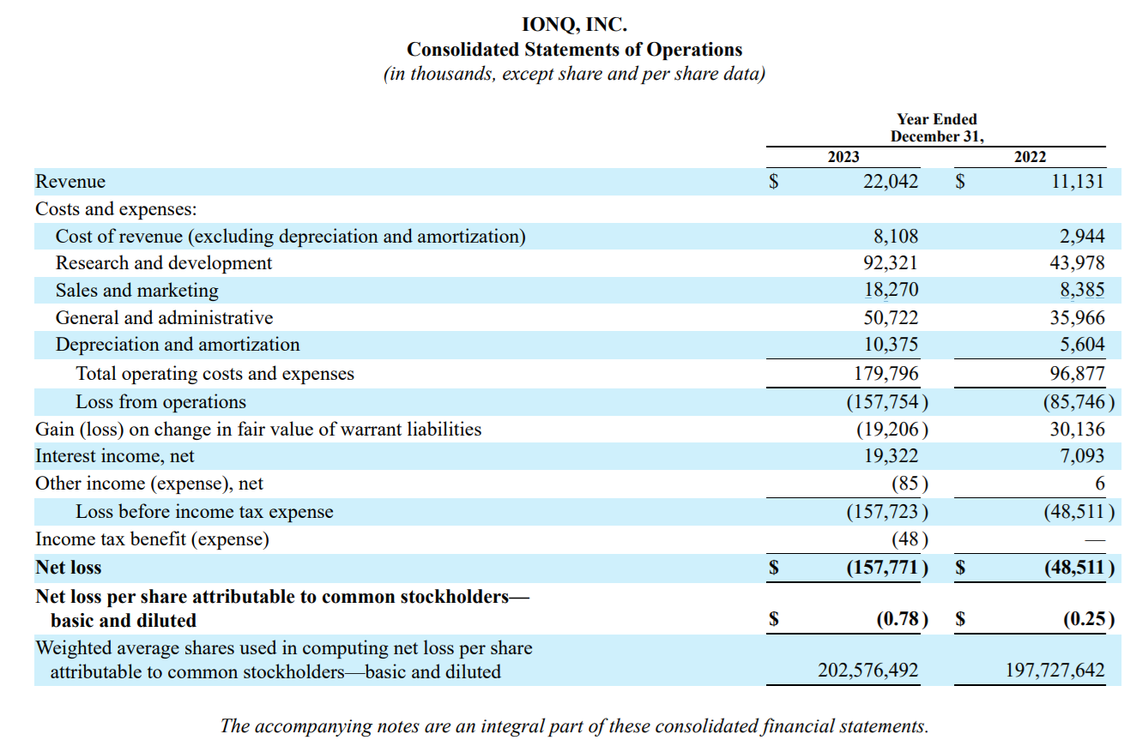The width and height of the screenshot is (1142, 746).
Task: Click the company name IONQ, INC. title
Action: [x=574, y=25]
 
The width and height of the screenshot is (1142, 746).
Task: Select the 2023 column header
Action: [x=843, y=156]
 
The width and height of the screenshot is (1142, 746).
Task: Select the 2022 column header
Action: [x=1030, y=156]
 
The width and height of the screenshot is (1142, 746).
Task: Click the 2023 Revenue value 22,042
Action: [x=890, y=182]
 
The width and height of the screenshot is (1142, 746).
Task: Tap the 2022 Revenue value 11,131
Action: [x=1078, y=182]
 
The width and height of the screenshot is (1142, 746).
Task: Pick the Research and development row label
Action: [x=164, y=263]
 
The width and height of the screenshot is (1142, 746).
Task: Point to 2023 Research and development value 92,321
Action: [x=890, y=263]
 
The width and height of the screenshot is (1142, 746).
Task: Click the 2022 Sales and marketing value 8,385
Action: [x=1082, y=290]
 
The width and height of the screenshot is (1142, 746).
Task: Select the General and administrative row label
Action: [x=164, y=317]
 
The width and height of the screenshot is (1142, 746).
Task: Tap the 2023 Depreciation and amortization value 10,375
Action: [x=890, y=345]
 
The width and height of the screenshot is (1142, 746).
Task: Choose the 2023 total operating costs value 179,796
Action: [x=885, y=374]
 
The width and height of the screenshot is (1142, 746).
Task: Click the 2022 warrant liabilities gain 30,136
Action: [x=1077, y=429]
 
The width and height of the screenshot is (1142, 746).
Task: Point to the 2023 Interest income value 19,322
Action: [x=890, y=455]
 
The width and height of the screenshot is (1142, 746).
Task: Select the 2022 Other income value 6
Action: [x=1100, y=483]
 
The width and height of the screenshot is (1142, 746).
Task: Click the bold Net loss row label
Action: [x=69, y=567]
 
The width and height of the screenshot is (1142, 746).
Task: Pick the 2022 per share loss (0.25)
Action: [x=1089, y=619]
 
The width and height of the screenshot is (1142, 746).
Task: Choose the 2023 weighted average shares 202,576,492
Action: [x=867, y=670]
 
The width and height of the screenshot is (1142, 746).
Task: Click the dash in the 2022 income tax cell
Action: [x=1095, y=539]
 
